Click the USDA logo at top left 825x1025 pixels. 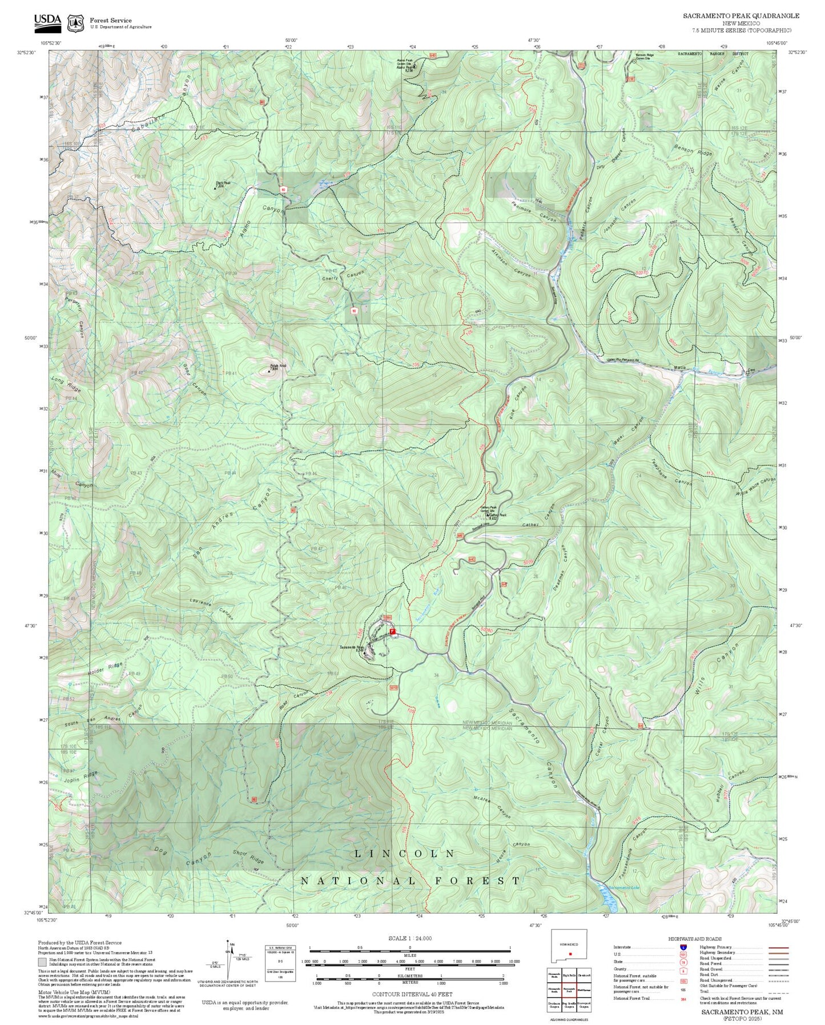47,22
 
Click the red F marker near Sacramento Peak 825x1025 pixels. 393,631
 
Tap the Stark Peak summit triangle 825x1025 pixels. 216,187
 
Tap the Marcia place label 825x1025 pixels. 679,367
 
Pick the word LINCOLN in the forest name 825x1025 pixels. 405,854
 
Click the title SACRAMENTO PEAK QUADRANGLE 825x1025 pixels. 741,16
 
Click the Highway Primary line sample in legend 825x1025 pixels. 778,947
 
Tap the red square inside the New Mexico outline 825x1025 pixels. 570,954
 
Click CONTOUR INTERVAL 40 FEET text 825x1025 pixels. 409,994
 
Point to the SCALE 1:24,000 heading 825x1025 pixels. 409,938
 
